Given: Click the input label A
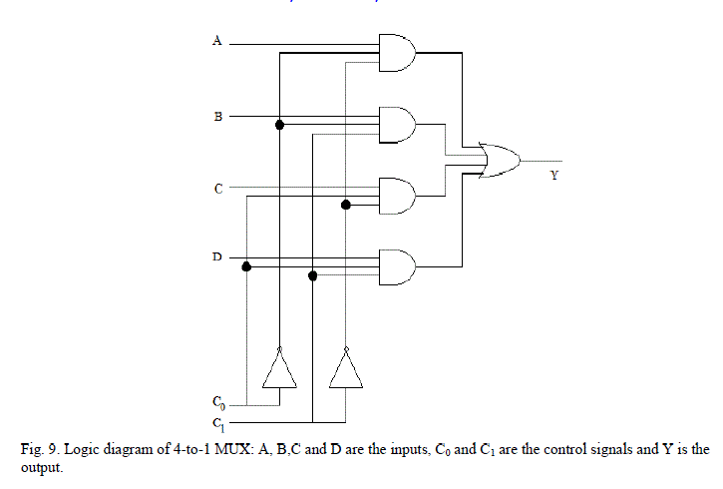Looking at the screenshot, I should tap(216, 41).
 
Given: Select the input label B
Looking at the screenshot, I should tap(217, 117).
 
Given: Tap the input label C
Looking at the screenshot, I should tap(217, 189).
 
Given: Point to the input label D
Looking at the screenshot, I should tap(216, 257).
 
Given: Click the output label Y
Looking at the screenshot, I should tap(553, 177).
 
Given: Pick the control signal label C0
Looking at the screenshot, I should tap(218, 404).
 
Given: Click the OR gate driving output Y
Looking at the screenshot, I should tap(498, 161).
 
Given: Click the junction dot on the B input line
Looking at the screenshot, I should tap(280, 125).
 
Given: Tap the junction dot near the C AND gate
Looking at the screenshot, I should tap(346, 205).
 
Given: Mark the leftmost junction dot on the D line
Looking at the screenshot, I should tap(247, 266).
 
